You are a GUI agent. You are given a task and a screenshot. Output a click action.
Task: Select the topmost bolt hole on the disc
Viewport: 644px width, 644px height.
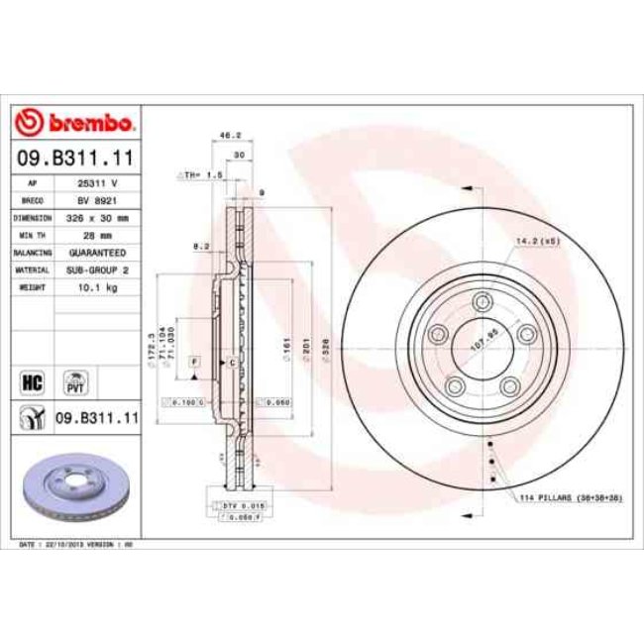[x=483, y=303]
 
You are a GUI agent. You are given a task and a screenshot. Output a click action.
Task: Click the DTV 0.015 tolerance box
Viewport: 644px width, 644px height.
[x=235, y=505]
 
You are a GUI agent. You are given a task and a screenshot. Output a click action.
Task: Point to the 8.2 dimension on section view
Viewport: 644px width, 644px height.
[x=200, y=245]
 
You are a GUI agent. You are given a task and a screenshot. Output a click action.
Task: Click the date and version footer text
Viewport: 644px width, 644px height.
[x=76, y=545]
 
